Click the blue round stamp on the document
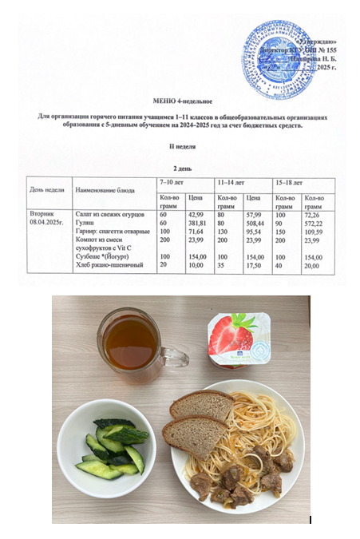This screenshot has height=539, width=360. (276, 47)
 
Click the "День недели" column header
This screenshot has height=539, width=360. (45, 189)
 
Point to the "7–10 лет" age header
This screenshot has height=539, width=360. (172, 183)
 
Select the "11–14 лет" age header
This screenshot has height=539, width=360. (230, 183)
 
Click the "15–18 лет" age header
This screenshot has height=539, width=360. (287, 183)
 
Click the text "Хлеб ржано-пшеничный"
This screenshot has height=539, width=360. (109, 264)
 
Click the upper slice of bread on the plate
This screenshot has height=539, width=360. (200, 406)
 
